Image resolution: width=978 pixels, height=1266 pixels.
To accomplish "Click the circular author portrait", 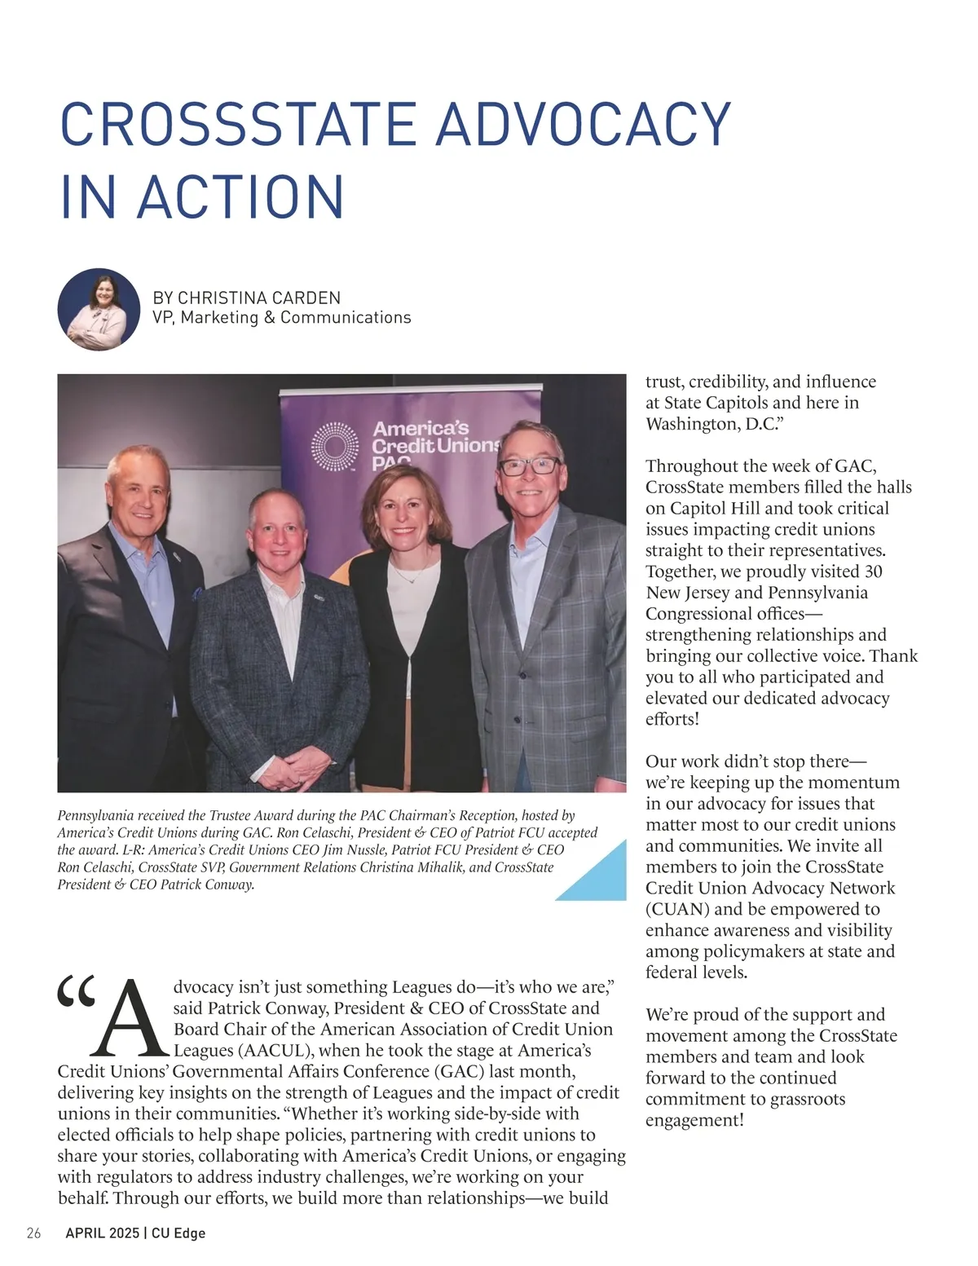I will [x=99, y=310].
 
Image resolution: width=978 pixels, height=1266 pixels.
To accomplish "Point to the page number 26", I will [x=33, y=1233].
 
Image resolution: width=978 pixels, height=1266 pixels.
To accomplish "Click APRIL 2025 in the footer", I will [x=102, y=1233].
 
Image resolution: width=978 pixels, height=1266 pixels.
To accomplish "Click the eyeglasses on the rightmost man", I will [x=529, y=467].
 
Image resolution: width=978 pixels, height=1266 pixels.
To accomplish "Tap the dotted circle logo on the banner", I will [x=334, y=446].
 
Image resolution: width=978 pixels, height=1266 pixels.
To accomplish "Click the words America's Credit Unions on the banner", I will [x=432, y=438].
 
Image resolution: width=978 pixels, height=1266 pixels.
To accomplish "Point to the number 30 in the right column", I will [x=872, y=571].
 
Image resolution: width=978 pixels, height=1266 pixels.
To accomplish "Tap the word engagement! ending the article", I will [x=694, y=1120].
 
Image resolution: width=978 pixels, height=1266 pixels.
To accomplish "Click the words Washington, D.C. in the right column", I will [x=713, y=424].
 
